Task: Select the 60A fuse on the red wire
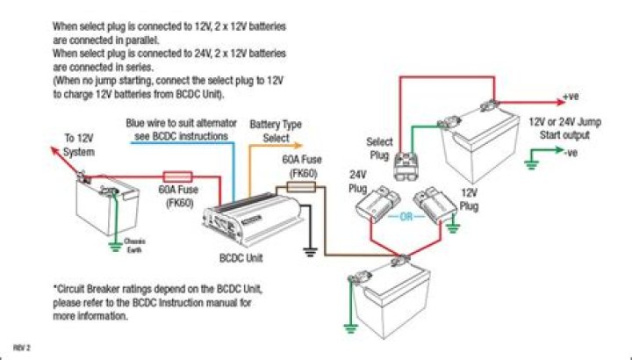pos(179,176)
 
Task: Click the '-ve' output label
pos(571,153)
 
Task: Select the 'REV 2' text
pos(22,349)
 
